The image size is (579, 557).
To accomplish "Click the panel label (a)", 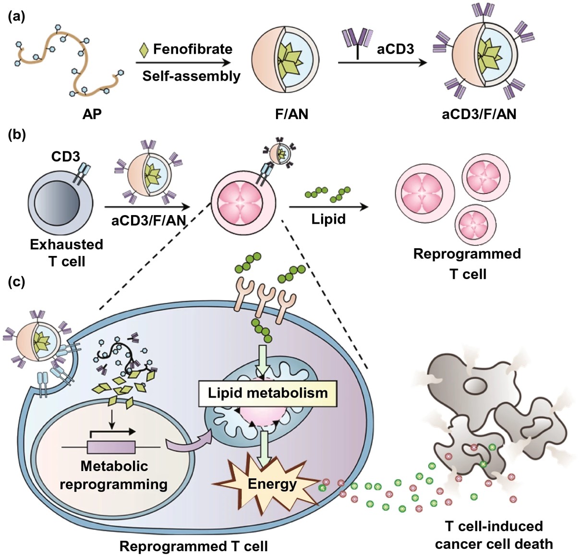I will pyautogui.click(x=17, y=17).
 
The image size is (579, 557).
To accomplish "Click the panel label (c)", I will pyautogui.click(x=17, y=281).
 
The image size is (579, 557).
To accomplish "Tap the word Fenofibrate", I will pyautogui.click(x=193, y=49).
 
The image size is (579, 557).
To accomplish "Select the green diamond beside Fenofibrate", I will pyautogui.click(x=144, y=50).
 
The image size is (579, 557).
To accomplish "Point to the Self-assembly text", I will pyautogui.click(x=191, y=76).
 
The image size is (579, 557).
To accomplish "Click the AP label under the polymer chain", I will pyautogui.click(x=92, y=114).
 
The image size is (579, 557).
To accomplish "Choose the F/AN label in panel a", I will pyautogui.click(x=291, y=114).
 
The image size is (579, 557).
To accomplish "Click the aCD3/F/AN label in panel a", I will pyautogui.click(x=479, y=114).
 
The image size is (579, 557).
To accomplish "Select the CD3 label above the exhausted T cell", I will pyautogui.click(x=65, y=157).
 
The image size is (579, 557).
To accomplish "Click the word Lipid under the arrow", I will pyautogui.click(x=328, y=219).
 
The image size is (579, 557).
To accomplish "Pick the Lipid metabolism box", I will pyautogui.click(x=267, y=393).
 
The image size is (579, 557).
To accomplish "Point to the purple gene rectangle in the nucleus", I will pyautogui.click(x=111, y=447).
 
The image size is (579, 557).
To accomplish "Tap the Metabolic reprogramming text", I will pyautogui.click(x=114, y=475).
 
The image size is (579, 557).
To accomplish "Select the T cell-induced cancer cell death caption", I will pyautogui.click(x=494, y=535).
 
